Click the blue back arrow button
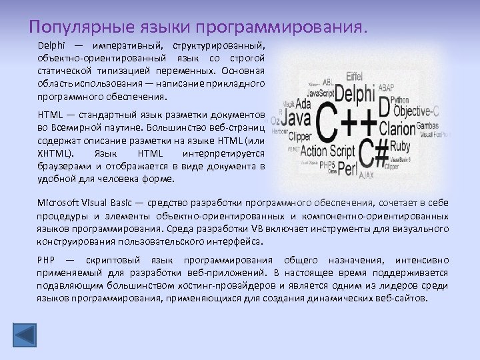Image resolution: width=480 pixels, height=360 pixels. pyautogui.click(x=27, y=335)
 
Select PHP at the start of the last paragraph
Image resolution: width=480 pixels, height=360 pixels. pyautogui.click(x=46, y=260)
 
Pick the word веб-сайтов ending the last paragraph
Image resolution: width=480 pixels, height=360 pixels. pyautogui.click(x=402, y=298)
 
